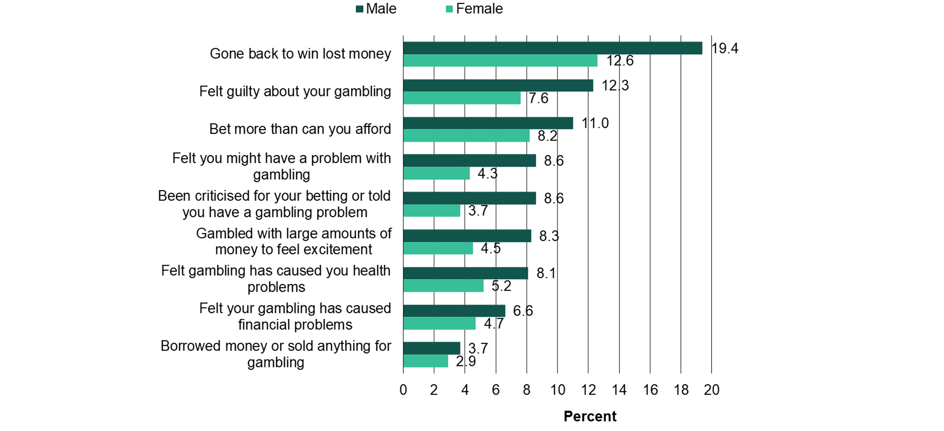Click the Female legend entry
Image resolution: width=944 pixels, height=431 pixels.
tap(474, 9)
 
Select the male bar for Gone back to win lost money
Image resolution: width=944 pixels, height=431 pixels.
tap(553, 48)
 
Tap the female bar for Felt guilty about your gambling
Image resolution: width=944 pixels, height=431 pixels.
tap(462, 98)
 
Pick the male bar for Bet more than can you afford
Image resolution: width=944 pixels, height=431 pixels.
tap(488, 123)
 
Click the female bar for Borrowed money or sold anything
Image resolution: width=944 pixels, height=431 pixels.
tap(425, 361)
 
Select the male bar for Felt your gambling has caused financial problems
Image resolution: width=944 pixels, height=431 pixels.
tap(454, 311)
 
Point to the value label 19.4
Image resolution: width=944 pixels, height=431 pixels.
tap(725, 48)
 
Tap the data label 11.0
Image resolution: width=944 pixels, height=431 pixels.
tap(595, 123)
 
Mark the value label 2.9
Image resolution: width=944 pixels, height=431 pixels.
tap(466, 361)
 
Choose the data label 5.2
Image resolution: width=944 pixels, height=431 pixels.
tap(501, 286)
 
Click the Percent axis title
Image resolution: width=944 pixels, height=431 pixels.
tap(590, 416)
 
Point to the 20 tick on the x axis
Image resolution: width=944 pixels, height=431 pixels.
tap(712, 390)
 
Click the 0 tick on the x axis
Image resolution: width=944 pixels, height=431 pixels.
tap(403, 390)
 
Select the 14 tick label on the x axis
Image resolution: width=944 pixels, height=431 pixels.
tap(619, 390)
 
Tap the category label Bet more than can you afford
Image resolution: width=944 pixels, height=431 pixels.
tap(300, 129)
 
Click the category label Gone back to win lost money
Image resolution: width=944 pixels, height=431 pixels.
tap(300, 54)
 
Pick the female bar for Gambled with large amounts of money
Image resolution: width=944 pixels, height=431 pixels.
tap(438, 248)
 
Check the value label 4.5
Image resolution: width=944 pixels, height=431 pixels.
tap(491, 248)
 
